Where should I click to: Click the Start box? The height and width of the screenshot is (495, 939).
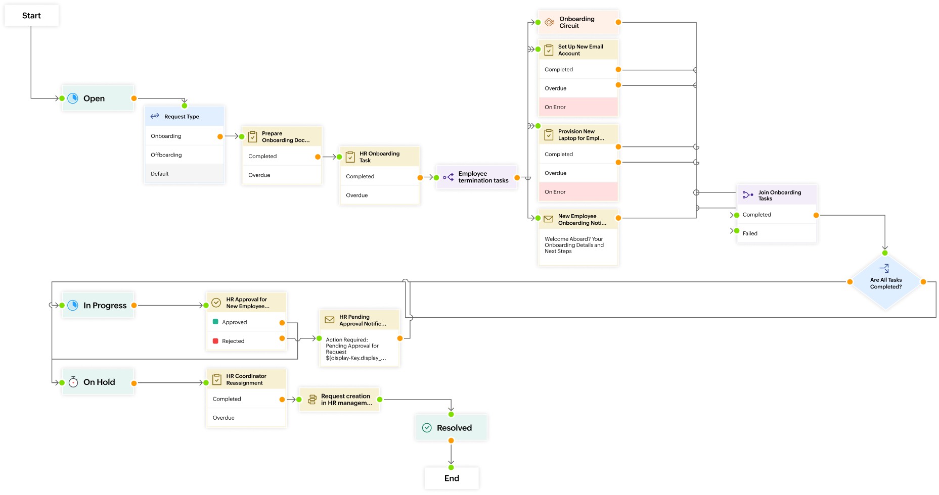31,16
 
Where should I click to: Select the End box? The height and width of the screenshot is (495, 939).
452,478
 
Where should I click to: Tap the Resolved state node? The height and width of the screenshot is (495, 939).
452,428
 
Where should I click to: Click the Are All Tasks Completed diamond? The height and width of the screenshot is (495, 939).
886,283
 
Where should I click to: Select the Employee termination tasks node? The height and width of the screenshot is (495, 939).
477,177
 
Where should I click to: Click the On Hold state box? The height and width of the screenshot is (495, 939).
98,382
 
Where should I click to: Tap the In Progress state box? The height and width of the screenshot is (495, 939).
98,306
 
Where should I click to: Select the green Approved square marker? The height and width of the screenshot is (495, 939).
215,322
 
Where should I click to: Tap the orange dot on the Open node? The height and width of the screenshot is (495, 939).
134,98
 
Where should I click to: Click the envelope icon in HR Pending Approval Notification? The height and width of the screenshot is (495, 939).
329,320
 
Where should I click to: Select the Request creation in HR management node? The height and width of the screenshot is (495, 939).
339,400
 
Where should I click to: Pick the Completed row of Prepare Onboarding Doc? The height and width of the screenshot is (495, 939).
281,157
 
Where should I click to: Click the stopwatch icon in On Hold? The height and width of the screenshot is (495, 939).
73,382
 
